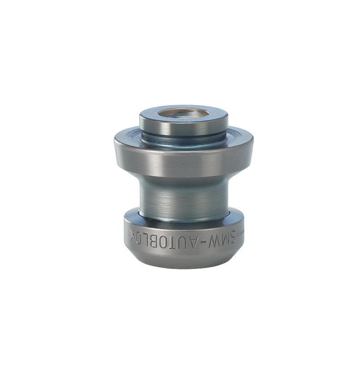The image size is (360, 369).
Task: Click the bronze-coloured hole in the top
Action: click(x=183, y=113)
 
